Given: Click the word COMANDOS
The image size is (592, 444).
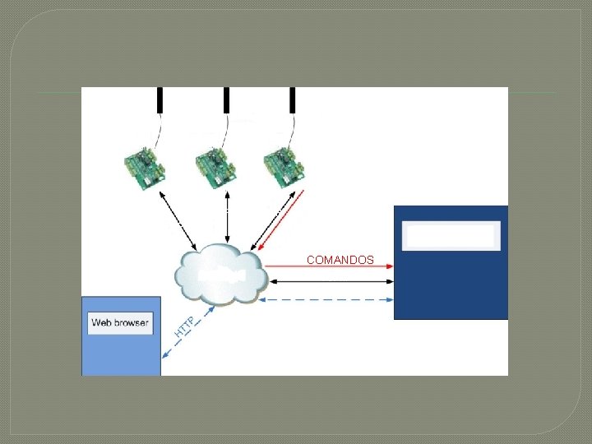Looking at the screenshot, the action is pos(340,260).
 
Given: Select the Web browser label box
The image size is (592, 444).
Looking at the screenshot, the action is pos(120,322).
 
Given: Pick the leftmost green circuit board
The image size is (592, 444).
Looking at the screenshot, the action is pos(143,169).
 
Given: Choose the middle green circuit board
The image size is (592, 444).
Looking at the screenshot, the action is pos(215,169).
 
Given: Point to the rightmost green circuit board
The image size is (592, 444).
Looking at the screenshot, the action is pos(284,169).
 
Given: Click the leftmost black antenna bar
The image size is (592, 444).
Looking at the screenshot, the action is pos(160,99).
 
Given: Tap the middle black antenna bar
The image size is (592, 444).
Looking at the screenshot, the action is pos(226,99).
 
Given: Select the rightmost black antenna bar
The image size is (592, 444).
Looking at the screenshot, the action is pos(292,99).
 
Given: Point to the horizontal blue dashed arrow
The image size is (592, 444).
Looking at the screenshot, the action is pos(329,299).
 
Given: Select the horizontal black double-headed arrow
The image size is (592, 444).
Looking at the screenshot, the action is pos(329,282).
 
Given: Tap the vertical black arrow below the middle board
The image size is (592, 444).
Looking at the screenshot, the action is pos(226,218).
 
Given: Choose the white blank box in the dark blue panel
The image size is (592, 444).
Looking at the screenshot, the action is pos(451,236).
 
